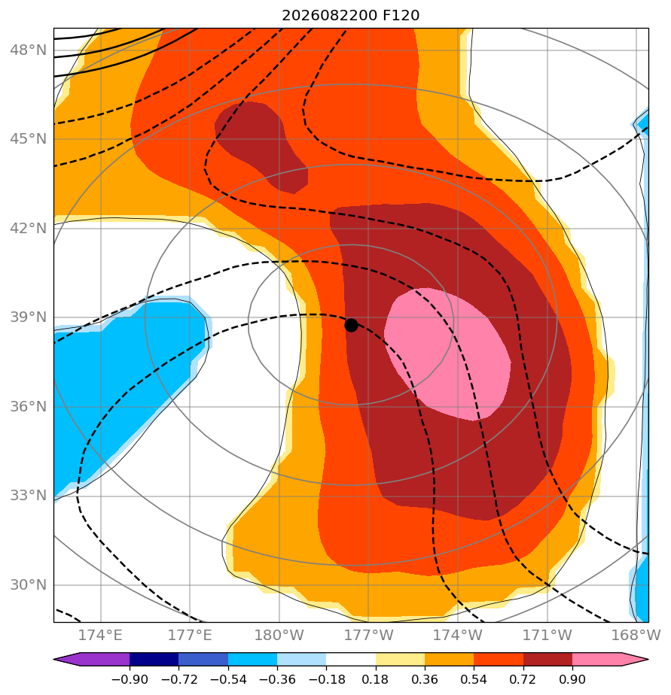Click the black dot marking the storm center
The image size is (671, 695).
pos(351,326)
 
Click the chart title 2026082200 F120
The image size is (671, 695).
pos(351,16)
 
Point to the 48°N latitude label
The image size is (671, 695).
pos(28,50)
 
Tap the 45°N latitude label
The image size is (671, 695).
pos(28,138)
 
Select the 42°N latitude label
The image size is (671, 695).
pos(28,228)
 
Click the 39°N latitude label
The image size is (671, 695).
pos(28,317)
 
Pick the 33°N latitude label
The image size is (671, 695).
pos(28,495)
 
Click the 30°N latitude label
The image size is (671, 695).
pos(28,584)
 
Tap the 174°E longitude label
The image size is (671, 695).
pos(100,635)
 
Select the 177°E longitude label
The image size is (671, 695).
pos(190,635)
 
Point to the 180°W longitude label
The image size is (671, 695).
pos(279,635)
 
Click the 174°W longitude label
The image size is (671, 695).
pos(458,635)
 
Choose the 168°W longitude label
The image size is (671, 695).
pos(636,635)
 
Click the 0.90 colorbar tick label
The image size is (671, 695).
pos(572,679)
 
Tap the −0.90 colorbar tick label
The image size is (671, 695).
pos(130,679)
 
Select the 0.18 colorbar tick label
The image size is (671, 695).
pos(376,679)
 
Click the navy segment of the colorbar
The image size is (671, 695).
pos(154,659)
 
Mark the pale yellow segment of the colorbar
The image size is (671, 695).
pos(401,659)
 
